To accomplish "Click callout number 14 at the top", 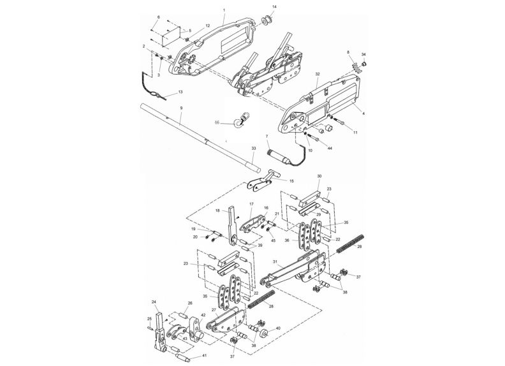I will point(274,6).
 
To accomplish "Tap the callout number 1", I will point(224,10).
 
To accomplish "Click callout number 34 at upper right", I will point(363,55).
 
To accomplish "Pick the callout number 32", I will point(316,74).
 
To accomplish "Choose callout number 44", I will point(330,148).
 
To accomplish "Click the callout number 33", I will point(253,148).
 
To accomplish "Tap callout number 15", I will point(292,181).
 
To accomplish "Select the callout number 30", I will point(319,176).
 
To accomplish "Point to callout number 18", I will point(217,210).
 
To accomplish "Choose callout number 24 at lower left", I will point(154,302).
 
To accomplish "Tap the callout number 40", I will point(278,330).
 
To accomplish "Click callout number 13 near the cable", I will point(180,92).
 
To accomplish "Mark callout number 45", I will point(273,240).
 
